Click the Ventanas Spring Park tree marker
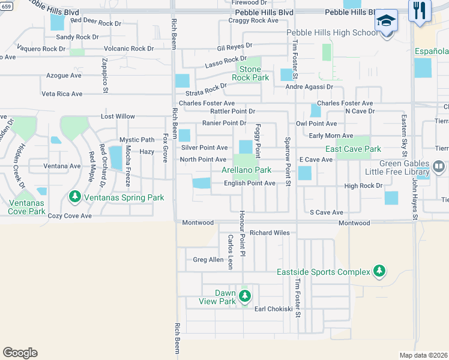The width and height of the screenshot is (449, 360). (75, 196)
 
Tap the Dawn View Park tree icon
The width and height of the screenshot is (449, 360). (244, 295)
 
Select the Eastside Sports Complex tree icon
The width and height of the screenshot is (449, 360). (379, 272)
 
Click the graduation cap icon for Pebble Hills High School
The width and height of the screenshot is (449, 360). (387, 20)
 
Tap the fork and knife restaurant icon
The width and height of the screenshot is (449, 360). (419, 11)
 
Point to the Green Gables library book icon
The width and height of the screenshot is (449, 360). (439, 166)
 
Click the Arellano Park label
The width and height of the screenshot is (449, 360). (247, 170)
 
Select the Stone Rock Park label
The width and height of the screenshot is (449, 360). (250, 73)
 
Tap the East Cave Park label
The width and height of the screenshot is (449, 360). (353, 149)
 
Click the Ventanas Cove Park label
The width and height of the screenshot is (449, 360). (27, 207)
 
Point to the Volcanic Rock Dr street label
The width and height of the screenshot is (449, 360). (128, 49)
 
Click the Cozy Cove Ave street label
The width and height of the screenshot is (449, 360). (70, 215)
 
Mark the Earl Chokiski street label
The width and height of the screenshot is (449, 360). (273, 309)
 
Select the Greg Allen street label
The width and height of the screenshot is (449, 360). (208, 260)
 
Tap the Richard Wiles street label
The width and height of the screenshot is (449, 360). (270, 233)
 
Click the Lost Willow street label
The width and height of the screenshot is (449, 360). (118, 116)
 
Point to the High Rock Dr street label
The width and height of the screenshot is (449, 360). (363, 186)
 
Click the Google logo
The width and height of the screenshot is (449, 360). (20, 353)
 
